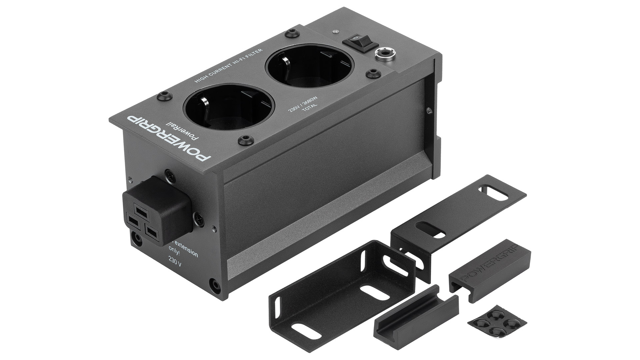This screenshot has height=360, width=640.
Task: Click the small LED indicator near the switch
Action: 336,32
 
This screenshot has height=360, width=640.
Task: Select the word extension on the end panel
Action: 186,250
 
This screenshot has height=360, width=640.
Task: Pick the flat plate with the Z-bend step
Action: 457,217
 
